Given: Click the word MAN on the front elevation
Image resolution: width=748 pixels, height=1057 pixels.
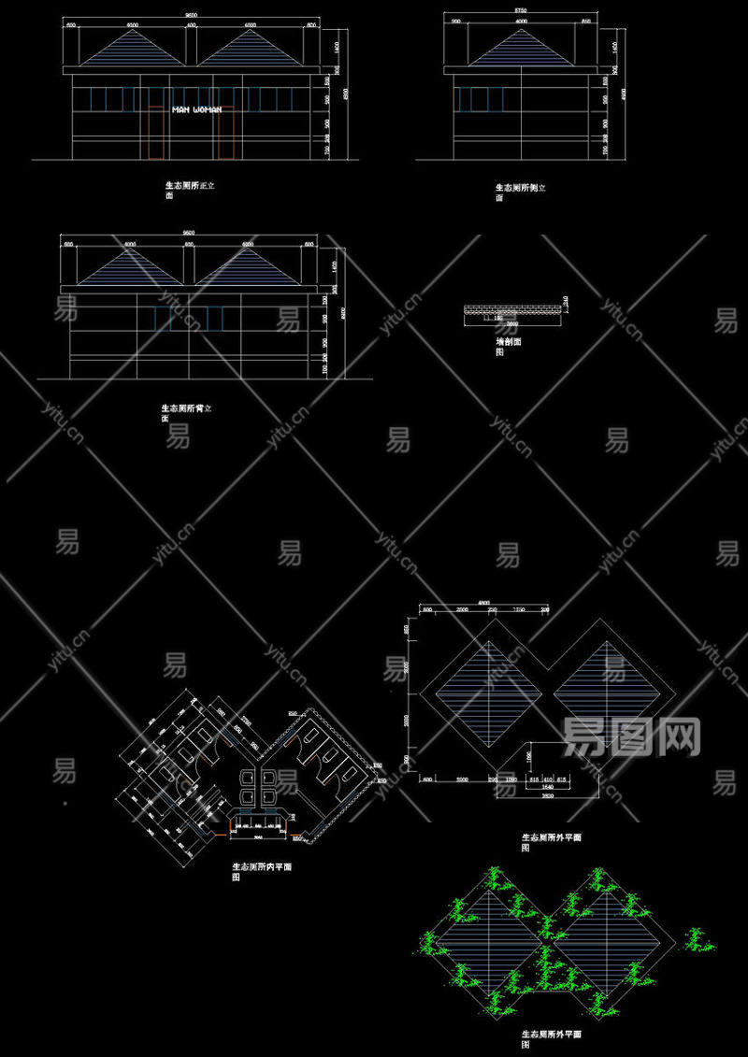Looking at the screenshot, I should click(181, 109).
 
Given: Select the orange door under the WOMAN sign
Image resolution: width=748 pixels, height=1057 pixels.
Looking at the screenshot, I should click(223, 134).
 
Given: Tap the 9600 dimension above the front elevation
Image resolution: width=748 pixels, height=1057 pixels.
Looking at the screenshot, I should click(191, 17).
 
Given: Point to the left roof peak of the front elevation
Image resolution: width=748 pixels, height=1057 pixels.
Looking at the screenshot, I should click(132, 30).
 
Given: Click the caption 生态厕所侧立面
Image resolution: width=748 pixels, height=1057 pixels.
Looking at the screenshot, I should click(520, 192).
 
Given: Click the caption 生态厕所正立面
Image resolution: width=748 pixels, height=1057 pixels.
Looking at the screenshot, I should click(190, 191).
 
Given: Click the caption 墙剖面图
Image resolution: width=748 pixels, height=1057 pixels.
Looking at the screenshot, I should click(508, 347).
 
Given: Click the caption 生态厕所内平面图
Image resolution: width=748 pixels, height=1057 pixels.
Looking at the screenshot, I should click(262, 871).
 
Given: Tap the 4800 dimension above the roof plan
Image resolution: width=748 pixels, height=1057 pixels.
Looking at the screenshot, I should click(483, 603).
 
